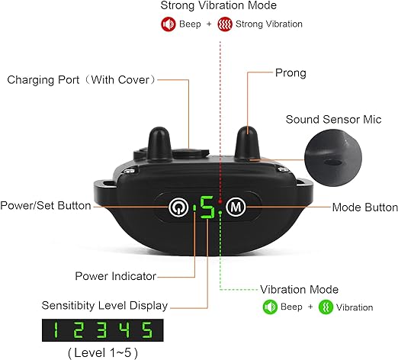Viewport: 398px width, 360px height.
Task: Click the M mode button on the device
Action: pyautogui.click(x=236, y=207)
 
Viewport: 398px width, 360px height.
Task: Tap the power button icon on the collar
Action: pyautogui.click(x=178, y=207)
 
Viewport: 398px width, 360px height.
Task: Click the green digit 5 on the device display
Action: pyautogui.click(x=207, y=207)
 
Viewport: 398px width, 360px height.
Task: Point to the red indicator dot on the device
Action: pyautogui.click(x=220, y=201)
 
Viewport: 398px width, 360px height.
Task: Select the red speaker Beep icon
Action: pyautogui.click(x=168, y=24)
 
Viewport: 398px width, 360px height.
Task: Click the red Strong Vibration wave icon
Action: pyautogui.click(x=225, y=24)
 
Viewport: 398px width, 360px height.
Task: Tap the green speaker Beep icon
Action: pyautogui.click(x=270, y=307)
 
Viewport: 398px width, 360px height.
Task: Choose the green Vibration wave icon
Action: pyautogui.click(x=326, y=307)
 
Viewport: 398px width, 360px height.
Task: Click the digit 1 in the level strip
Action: pyautogui.click(x=55, y=330)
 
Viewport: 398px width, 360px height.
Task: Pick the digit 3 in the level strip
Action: pyautogui.click(x=101, y=330)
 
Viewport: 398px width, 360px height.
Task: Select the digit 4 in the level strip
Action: pyautogui.click(x=125, y=330)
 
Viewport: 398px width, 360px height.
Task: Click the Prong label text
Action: pyautogui.click(x=290, y=73)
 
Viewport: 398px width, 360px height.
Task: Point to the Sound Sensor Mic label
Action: pyautogui.click(x=333, y=120)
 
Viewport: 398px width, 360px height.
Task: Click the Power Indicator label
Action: pyautogui.click(x=115, y=276)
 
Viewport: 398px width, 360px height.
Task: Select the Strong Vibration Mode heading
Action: pyautogui.click(x=218, y=5)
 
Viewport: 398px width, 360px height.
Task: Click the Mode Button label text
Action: pyautogui.click(x=365, y=207)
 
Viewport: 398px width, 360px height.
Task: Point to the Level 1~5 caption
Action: pyautogui.click(x=103, y=353)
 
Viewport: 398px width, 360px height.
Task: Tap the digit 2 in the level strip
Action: pyautogui.click(x=79, y=330)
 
